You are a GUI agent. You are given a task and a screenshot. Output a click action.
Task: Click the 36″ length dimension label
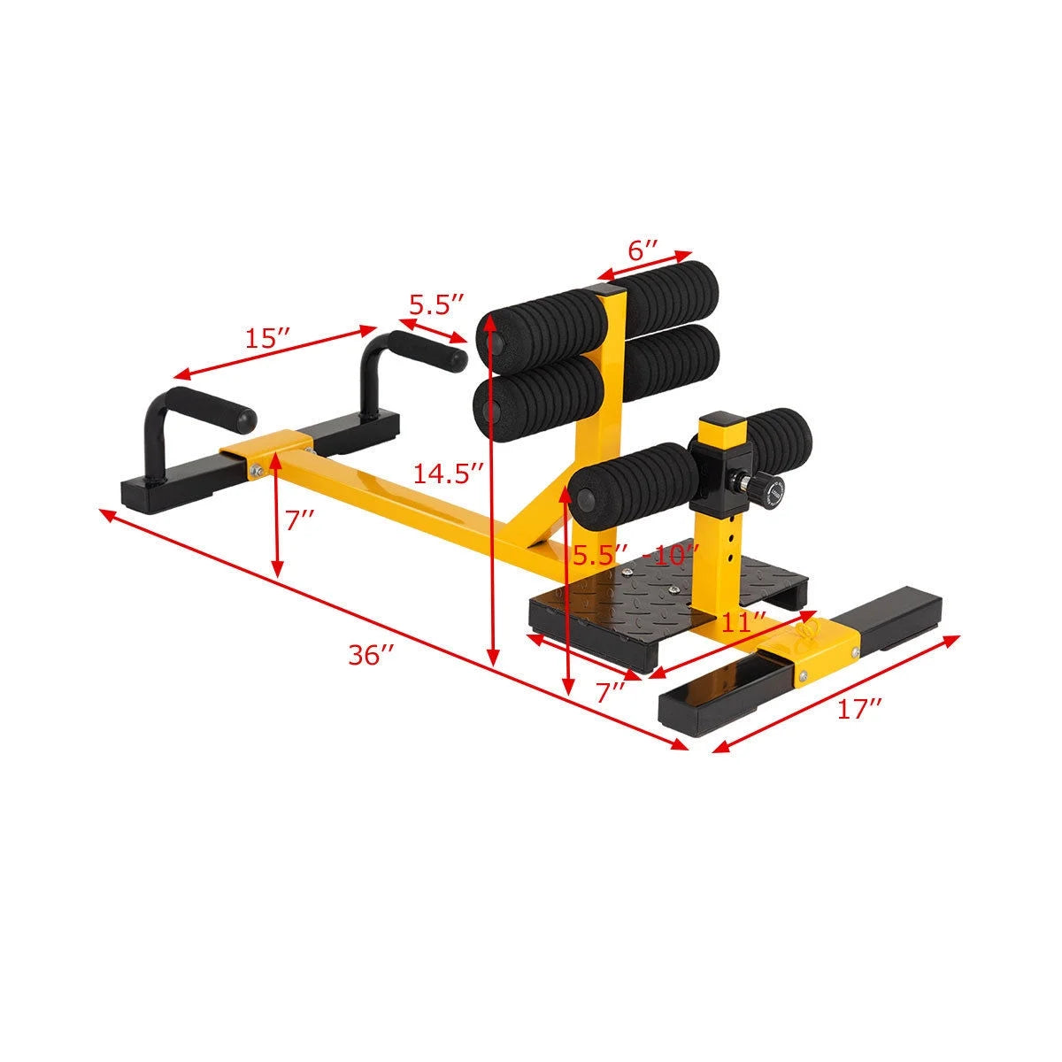click(371, 655)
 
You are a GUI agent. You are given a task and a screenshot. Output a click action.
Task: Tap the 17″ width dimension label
click(859, 709)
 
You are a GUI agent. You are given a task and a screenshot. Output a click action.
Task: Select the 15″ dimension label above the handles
click(267, 338)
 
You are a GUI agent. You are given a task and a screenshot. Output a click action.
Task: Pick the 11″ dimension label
click(743, 621)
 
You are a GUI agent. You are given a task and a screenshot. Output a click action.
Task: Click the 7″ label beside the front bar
click(300, 520)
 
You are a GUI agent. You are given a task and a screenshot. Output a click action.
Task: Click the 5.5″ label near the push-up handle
click(435, 304)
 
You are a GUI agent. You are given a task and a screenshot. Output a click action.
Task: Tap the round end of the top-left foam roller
click(493, 338)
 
